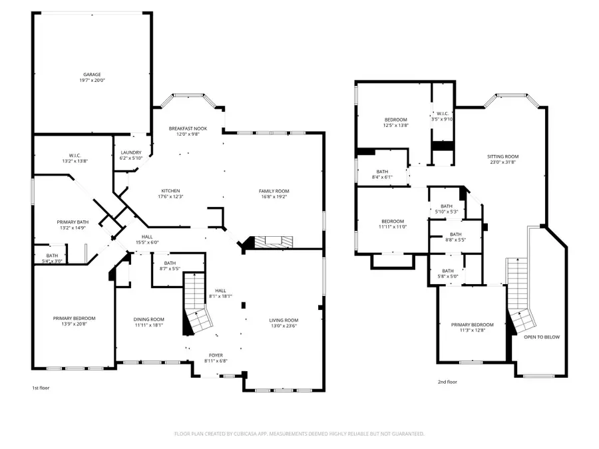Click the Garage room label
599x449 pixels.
click(92, 75)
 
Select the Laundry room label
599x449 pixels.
click(131, 152)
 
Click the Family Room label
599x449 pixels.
click(274, 191)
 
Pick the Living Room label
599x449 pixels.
click(284, 320)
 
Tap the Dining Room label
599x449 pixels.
click(149, 319)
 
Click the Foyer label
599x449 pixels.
click(216, 356)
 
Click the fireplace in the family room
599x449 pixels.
click(266, 243)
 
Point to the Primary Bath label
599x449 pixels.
click(73, 222)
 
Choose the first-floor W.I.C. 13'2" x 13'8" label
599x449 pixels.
click(75, 158)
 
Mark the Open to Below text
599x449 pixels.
click(542, 337)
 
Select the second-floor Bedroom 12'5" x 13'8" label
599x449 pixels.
click(395, 120)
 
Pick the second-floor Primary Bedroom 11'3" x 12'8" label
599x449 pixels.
click(473, 325)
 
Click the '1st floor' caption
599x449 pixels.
click(41, 387)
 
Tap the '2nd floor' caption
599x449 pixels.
click(447, 382)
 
